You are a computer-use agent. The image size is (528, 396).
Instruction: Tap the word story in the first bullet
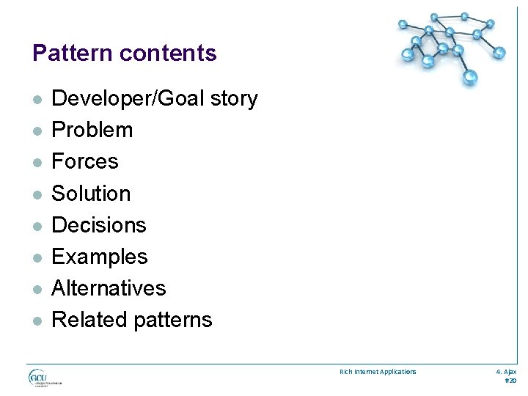tap(232, 99)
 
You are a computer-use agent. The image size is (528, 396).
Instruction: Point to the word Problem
tap(92, 131)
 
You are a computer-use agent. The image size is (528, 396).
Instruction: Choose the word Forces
tap(85, 161)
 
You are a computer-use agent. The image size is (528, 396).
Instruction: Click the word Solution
tap(91, 194)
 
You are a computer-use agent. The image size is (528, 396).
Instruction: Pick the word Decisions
tap(99, 225)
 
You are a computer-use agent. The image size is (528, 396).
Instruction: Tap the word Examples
tap(100, 257)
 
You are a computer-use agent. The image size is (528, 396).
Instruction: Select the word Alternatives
tap(109, 288)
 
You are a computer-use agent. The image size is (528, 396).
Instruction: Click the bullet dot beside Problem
tap(37, 131)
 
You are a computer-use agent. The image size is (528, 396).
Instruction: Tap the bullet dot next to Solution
tap(37, 194)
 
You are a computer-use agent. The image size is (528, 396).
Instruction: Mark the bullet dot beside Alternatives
tap(37, 289)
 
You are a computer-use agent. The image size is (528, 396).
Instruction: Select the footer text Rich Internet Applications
tap(378, 372)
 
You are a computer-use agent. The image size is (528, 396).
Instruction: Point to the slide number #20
tap(510, 381)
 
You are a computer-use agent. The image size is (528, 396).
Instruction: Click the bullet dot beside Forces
tap(37, 163)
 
